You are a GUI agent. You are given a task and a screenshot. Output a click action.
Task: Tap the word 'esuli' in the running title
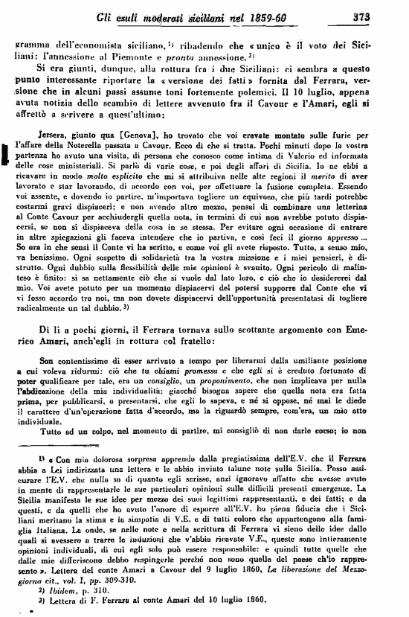click(x=152, y=15)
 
